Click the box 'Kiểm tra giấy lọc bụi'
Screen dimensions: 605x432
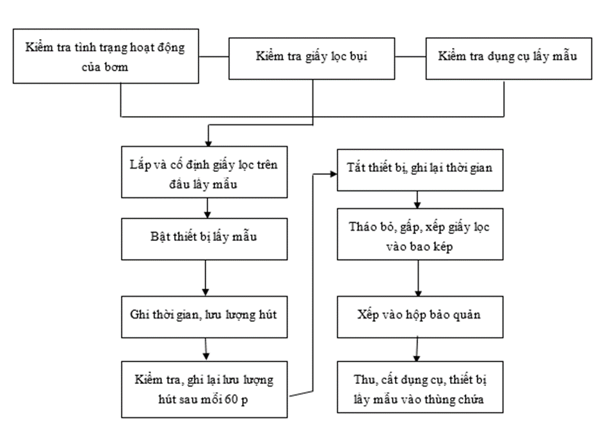(312, 59)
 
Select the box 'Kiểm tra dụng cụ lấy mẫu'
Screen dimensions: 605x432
(508, 59)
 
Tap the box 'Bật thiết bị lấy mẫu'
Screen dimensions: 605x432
(204, 239)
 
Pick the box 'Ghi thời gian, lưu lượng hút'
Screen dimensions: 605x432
(204, 317)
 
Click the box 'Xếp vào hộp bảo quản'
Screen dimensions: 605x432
(420, 317)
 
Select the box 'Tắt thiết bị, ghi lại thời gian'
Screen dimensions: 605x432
(420, 170)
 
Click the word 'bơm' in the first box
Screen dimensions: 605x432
(117, 67)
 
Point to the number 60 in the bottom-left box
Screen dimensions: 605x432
(231, 399)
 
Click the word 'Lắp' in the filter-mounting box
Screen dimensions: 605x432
(140, 165)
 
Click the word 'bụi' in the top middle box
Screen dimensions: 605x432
(359, 57)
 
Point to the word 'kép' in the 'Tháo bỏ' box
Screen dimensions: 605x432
(442, 247)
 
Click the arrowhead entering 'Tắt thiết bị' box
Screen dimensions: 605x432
(334, 174)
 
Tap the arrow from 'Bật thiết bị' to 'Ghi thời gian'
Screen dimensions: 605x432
(206, 278)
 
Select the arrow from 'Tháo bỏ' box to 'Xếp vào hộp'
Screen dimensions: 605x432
(418, 278)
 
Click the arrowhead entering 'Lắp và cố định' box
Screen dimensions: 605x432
(208, 144)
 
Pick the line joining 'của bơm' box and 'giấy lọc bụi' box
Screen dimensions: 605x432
(214, 57)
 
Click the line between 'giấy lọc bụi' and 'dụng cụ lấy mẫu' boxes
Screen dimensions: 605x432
(410, 57)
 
